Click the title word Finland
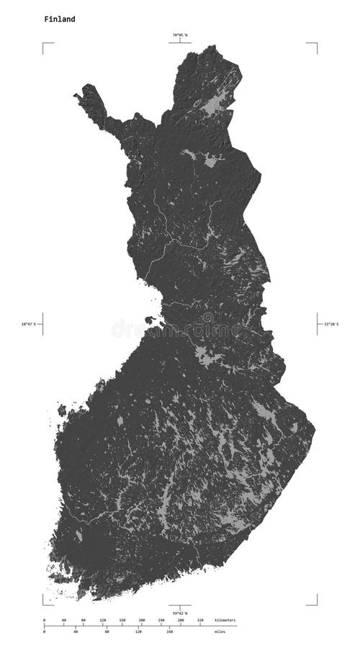point(59,19)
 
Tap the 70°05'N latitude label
point(179,35)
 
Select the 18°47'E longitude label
point(29,325)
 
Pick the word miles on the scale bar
point(218,632)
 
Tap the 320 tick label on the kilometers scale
point(199,620)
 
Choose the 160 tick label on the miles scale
point(169,632)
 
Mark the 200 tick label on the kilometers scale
point(141,620)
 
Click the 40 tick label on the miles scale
point(76,632)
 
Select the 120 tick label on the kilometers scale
point(102,620)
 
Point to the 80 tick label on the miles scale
point(107,632)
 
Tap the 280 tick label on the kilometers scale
point(180,620)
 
